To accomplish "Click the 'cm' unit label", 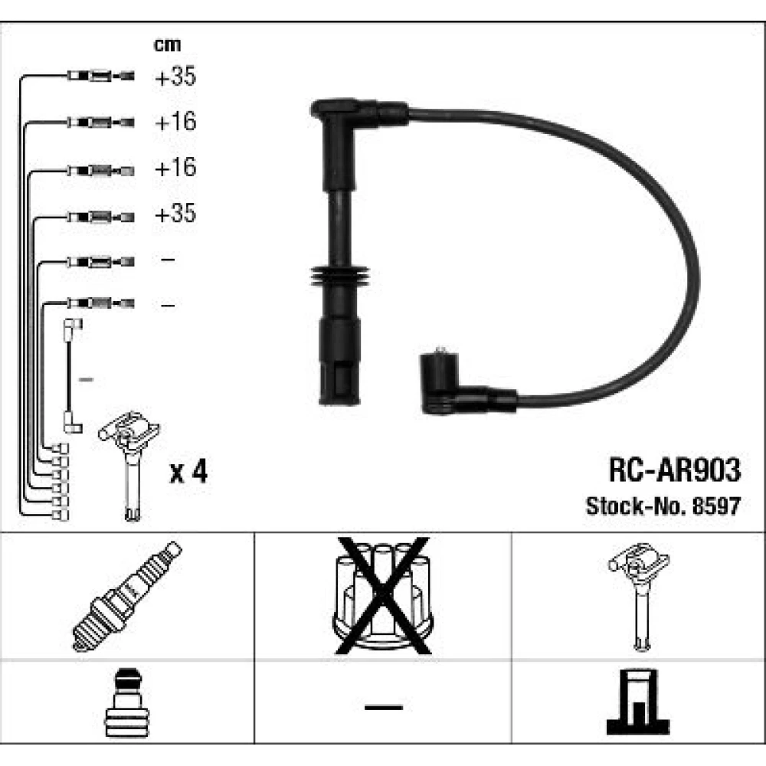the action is point(167,45).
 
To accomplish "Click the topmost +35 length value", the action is point(175,76).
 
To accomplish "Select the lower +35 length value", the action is point(175,214).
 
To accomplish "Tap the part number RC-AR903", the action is point(675,470).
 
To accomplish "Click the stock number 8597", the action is point(717,506).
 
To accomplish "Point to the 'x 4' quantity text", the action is point(188,472).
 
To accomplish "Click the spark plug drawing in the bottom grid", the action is point(127,597).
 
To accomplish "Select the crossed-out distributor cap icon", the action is point(382,596).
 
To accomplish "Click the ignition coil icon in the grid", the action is point(639,597).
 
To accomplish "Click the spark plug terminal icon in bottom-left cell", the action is point(126,703).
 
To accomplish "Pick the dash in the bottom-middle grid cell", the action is point(384,707).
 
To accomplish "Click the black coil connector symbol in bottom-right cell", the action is point(638,702).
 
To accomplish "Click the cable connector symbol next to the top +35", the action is point(100,76).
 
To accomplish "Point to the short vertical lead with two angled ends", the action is point(70,376).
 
